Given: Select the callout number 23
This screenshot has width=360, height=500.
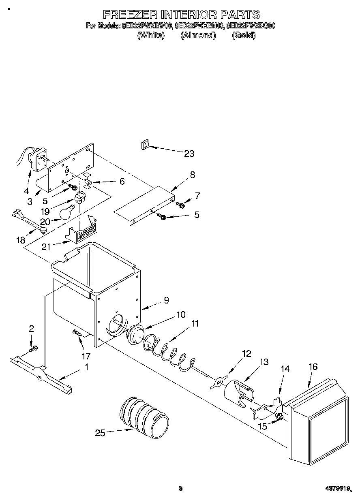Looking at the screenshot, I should [x=189, y=154].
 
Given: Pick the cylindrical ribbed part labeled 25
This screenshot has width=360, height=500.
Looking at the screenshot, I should [x=144, y=417].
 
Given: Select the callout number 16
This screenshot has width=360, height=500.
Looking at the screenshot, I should [x=313, y=367].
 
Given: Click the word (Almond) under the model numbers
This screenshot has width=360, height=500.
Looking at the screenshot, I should [x=197, y=36].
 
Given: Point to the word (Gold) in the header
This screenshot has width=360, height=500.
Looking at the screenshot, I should [x=244, y=36].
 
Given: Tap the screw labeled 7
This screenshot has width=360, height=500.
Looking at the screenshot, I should [x=182, y=205].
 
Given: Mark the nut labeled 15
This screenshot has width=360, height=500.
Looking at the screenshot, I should [x=278, y=417].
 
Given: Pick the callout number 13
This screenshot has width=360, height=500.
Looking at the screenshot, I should [x=264, y=362].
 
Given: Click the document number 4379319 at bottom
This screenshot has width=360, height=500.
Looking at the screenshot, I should [x=337, y=488].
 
